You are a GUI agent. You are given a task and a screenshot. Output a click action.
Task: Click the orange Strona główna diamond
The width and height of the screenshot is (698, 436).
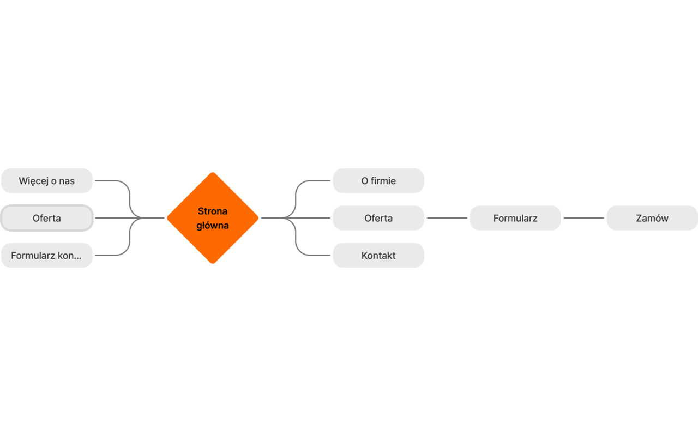[213, 218]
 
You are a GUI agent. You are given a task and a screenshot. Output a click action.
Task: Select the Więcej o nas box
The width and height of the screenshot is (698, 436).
[47, 180]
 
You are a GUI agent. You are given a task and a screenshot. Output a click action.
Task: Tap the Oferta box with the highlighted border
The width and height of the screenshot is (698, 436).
[47, 218]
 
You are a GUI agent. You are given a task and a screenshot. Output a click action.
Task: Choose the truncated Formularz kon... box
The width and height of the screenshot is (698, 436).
[47, 256]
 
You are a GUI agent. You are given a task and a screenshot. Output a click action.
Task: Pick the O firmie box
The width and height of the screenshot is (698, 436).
[378, 180]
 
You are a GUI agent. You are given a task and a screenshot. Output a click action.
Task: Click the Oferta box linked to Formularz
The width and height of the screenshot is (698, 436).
[378, 218]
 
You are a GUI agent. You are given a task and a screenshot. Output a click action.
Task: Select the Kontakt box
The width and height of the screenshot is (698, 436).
[378, 256]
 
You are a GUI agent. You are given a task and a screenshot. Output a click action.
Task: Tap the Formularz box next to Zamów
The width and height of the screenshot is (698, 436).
[515, 218]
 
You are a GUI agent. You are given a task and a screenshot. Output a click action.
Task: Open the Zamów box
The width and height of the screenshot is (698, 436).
[652, 218]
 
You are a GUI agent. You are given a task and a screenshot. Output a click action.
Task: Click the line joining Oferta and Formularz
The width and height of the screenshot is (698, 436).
[447, 218]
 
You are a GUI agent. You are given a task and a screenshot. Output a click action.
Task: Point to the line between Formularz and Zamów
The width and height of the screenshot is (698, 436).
[583, 218]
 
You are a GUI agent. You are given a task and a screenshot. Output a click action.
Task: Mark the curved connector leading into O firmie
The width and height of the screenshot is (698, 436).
[296, 196]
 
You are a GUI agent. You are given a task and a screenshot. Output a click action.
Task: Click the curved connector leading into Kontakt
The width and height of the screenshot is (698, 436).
[296, 240]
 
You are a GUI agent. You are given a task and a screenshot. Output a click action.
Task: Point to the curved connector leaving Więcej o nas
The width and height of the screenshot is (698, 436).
[130, 196]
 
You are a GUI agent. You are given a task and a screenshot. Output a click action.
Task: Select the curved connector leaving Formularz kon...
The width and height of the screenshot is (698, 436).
[130, 240]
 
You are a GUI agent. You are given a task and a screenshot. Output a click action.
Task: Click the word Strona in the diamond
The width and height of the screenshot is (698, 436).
[213, 211]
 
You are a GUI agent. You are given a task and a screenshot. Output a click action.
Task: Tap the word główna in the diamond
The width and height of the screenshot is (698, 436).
[213, 226]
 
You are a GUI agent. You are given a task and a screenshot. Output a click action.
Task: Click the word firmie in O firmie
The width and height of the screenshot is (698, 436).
[383, 180]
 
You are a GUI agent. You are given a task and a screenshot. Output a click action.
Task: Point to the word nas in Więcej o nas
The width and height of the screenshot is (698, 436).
[67, 181]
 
